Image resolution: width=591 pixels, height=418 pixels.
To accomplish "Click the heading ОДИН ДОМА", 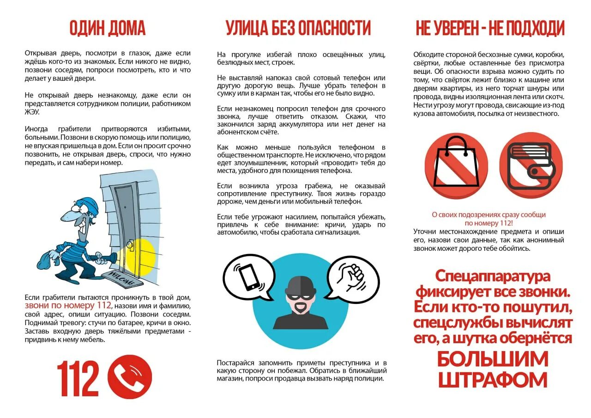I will [x=107, y=29].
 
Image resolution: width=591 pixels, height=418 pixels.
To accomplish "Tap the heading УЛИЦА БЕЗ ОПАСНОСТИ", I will [x=298, y=29].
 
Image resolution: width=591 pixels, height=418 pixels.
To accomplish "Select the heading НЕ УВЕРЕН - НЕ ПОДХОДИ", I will [x=490, y=29].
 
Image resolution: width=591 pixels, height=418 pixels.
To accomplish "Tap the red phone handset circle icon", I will [x=130, y=376].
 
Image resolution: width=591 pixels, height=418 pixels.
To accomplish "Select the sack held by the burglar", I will [x=46, y=260].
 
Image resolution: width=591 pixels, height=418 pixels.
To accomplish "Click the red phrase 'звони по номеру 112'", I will [x=68, y=305].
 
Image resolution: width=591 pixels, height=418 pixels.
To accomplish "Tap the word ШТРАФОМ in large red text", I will [x=492, y=380].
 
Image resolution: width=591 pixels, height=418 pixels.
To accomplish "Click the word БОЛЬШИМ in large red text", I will [x=492, y=359].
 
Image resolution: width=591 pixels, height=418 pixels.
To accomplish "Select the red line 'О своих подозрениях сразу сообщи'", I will [x=488, y=215].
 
